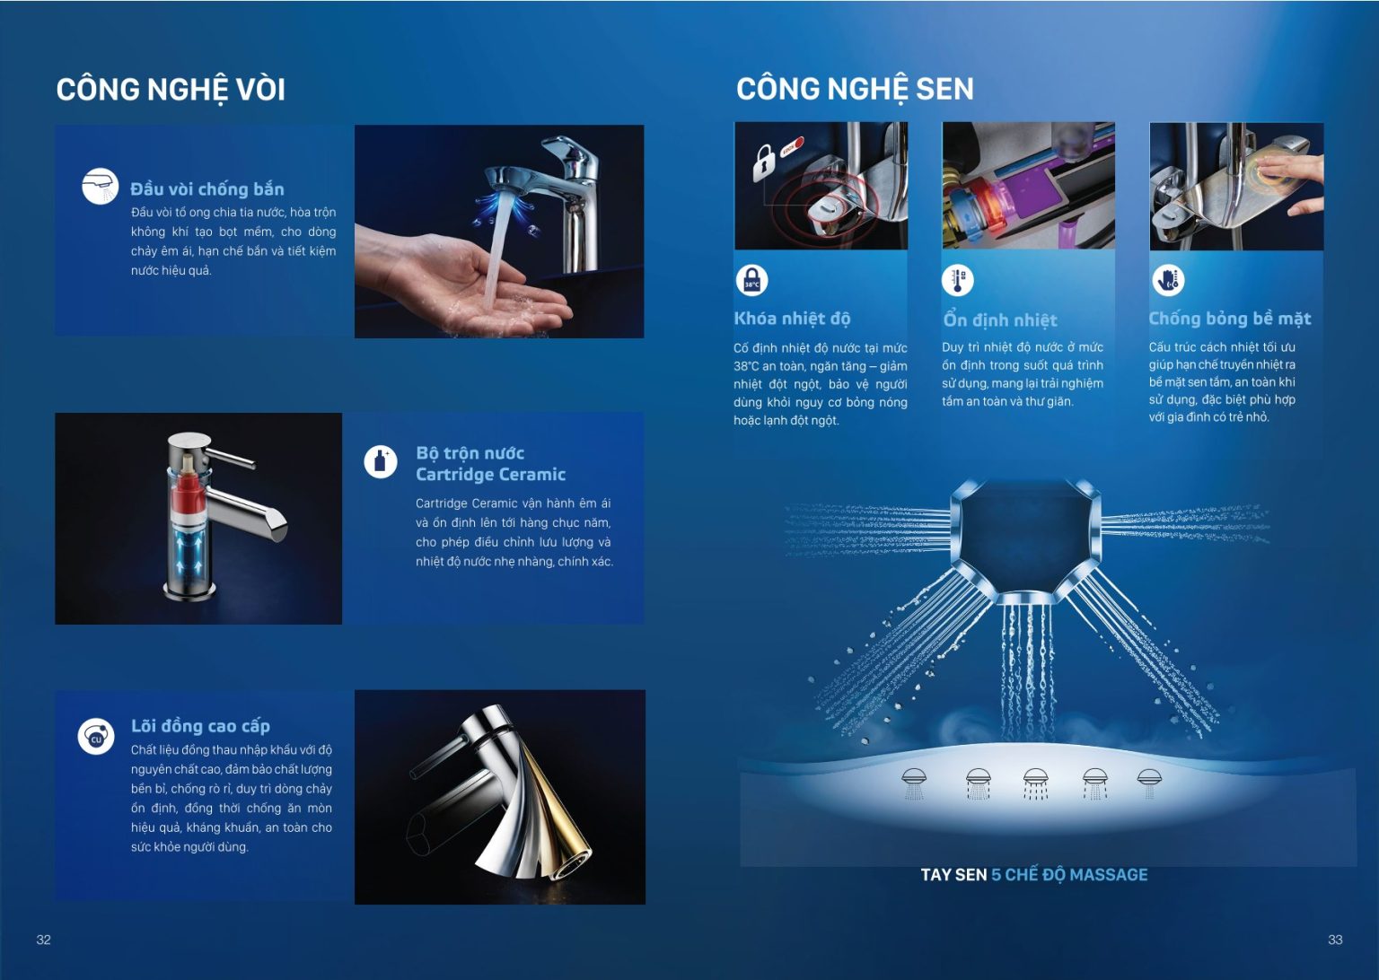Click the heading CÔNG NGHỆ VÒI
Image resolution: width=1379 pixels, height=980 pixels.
coord(171,90)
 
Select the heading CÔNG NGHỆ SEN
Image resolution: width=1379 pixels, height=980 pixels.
coord(855,89)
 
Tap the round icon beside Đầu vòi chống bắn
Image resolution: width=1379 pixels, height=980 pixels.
coord(100,186)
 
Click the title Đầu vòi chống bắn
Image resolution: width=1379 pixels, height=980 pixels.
coord(206,189)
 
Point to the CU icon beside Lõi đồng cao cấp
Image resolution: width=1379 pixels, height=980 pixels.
coord(96,736)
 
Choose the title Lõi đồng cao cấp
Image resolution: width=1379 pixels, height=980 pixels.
coord(200,726)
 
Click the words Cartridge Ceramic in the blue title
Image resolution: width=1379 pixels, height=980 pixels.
coord(490,475)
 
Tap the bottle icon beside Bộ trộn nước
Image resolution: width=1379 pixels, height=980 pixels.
coord(381,461)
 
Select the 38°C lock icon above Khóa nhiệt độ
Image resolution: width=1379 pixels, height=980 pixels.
coord(751,281)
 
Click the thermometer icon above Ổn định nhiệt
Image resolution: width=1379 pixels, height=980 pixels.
coord(958,280)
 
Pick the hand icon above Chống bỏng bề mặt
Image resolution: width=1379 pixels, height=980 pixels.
coord(1168,280)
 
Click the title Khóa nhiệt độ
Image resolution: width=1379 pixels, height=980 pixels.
coord(792,319)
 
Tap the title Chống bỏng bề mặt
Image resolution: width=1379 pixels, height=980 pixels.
coord(1229,319)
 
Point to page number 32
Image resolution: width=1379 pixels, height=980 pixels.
coord(44,940)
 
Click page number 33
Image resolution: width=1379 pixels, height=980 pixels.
coord(1335,940)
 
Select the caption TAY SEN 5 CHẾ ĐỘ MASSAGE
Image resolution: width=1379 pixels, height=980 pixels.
coord(1034,875)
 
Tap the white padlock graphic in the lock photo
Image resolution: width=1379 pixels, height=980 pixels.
coord(763,162)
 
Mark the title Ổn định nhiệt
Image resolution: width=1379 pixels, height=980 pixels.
coord(1000,320)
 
